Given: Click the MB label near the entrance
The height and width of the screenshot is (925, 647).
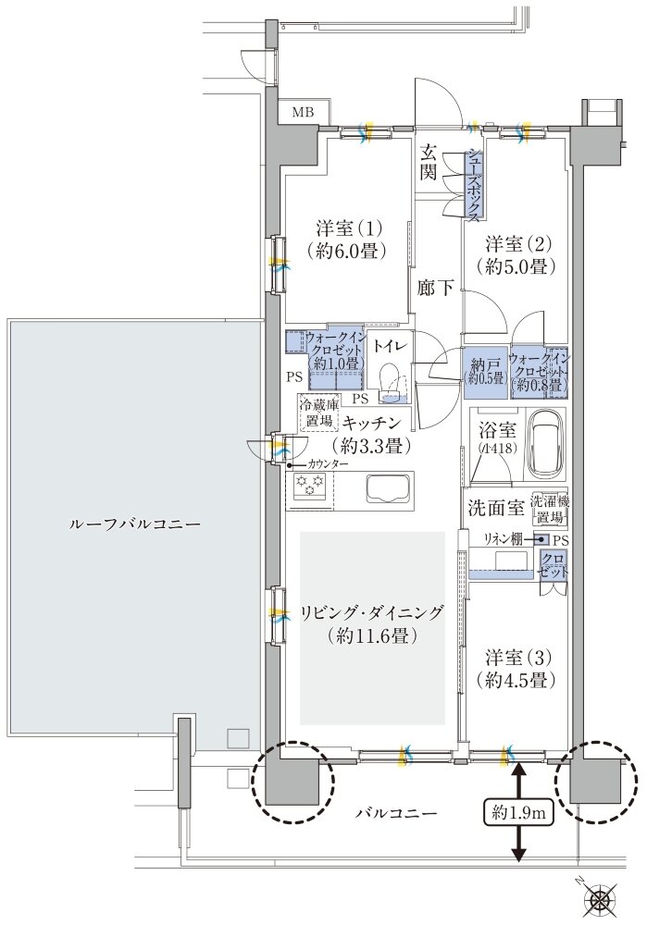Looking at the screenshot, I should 303,113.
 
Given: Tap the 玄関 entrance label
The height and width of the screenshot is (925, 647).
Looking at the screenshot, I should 429,161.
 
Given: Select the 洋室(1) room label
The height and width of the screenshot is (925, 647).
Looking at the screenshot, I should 346,239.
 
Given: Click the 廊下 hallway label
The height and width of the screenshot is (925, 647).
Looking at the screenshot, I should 435,288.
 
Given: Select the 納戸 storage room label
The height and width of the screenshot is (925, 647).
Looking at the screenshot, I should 482,369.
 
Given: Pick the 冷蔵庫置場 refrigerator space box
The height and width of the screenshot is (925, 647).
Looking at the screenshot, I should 317,413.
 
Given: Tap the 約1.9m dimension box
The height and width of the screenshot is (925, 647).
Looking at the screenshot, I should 517,813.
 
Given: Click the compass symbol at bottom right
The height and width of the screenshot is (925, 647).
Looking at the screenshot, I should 603,898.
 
